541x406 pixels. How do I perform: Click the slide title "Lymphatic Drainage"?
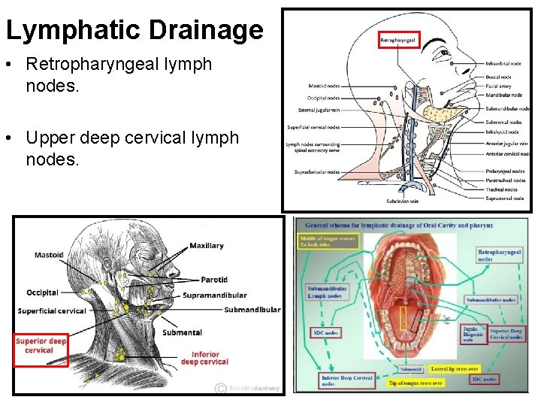click(x=134, y=30)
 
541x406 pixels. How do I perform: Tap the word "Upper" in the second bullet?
click(x=55, y=138)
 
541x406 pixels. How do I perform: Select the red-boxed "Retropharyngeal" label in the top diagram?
click(x=398, y=39)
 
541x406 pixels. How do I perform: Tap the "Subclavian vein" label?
click(x=402, y=201)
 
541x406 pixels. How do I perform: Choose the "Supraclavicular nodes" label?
click(x=317, y=172)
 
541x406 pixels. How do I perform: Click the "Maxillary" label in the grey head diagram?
click(x=207, y=246)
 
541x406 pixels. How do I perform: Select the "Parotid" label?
click(x=214, y=280)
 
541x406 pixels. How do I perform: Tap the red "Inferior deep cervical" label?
click(x=204, y=358)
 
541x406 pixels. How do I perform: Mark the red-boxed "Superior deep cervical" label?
click(x=41, y=346)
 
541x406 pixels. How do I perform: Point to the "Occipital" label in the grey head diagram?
click(x=43, y=292)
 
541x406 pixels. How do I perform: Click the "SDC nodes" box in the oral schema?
click(x=326, y=332)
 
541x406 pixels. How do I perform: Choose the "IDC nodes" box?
click(x=484, y=380)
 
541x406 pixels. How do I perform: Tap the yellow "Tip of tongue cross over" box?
click(x=416, y=383)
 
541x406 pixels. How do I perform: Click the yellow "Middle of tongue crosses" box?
click(x=327, y=241)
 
